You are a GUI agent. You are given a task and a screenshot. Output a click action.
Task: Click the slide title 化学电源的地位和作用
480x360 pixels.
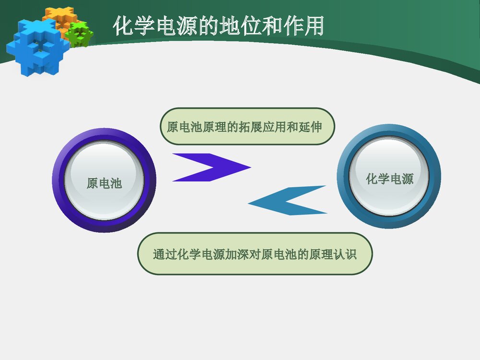point(218,26)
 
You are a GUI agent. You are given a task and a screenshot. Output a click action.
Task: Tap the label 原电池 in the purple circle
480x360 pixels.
point(104,183)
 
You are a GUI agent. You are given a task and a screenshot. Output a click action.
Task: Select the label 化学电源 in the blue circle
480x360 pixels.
point(389,179)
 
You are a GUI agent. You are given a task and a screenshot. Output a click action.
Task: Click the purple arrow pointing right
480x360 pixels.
point(211,168)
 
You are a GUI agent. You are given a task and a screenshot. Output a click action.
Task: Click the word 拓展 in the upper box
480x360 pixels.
point(250,127)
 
